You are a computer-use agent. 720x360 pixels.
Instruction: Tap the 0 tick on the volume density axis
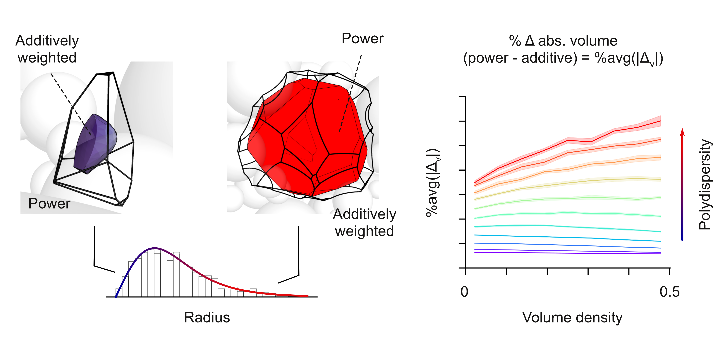click(x=464, y=292)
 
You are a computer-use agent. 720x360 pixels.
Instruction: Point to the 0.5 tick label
click(x=669, y=292)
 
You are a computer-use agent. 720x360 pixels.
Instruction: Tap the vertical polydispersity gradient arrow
click(x=682, y=184)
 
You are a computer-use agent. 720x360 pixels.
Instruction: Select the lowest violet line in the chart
click(x=567, y=253)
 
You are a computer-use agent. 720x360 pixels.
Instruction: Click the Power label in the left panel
click(x=49, y=203)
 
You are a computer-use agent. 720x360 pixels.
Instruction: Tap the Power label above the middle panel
click(x=362, y=38)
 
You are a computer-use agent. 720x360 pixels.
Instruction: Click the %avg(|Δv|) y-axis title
click(x=433, y=183)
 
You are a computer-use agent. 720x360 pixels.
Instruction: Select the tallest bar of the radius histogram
click(x=164, y=273)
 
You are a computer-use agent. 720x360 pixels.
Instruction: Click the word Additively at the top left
click(x=47, y=41)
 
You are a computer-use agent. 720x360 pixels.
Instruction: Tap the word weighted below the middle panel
click(x=365, y=231)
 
